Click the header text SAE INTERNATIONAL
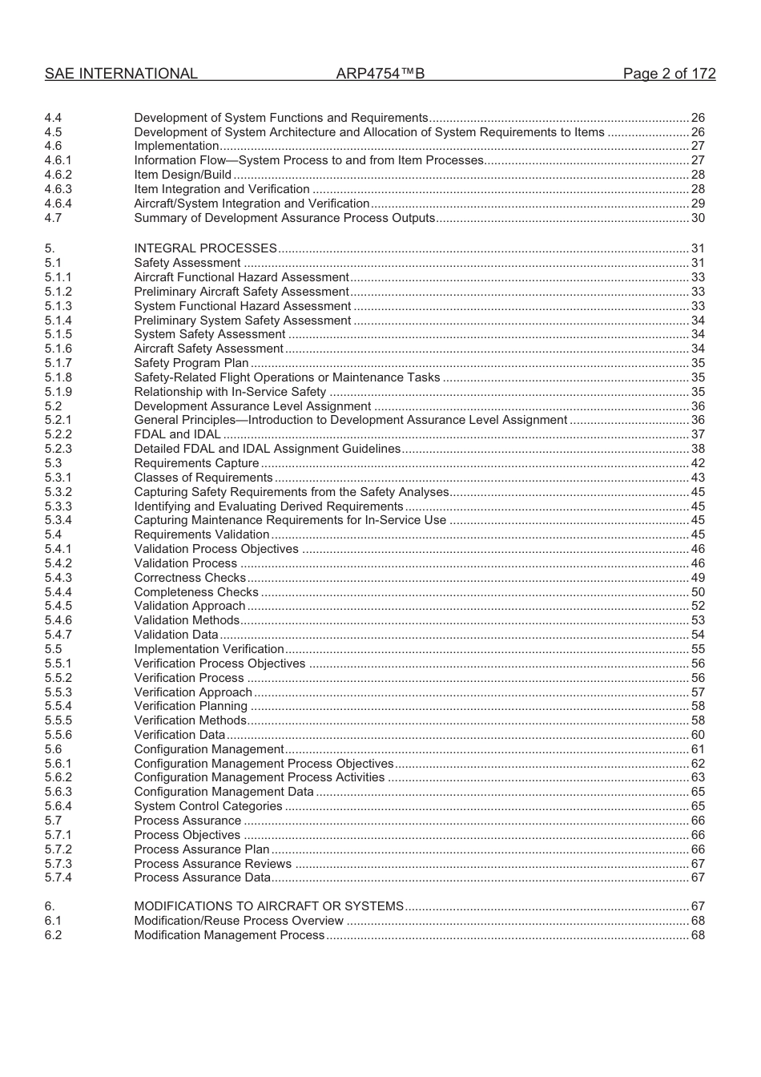point(121,74)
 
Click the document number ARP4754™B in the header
point(380,74)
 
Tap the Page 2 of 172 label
point(669,74)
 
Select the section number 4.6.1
point(58,160)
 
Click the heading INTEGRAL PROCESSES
point(205,248)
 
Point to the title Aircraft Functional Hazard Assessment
point(241,277)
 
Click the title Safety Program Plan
point(191,363)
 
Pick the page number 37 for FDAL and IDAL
point(698,434)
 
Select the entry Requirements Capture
point(196,463)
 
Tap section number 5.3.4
point(58,520)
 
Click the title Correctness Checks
point(190,578)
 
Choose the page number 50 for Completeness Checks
point(698,592)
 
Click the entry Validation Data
point(176,635)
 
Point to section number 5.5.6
point(58,735)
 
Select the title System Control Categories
point(208,806)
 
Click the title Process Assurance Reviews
point(213,864)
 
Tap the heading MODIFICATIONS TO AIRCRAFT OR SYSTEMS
point(268,906)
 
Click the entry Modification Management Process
point(229,935)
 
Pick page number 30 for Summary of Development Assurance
point(698,218)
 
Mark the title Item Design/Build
point(183,175)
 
